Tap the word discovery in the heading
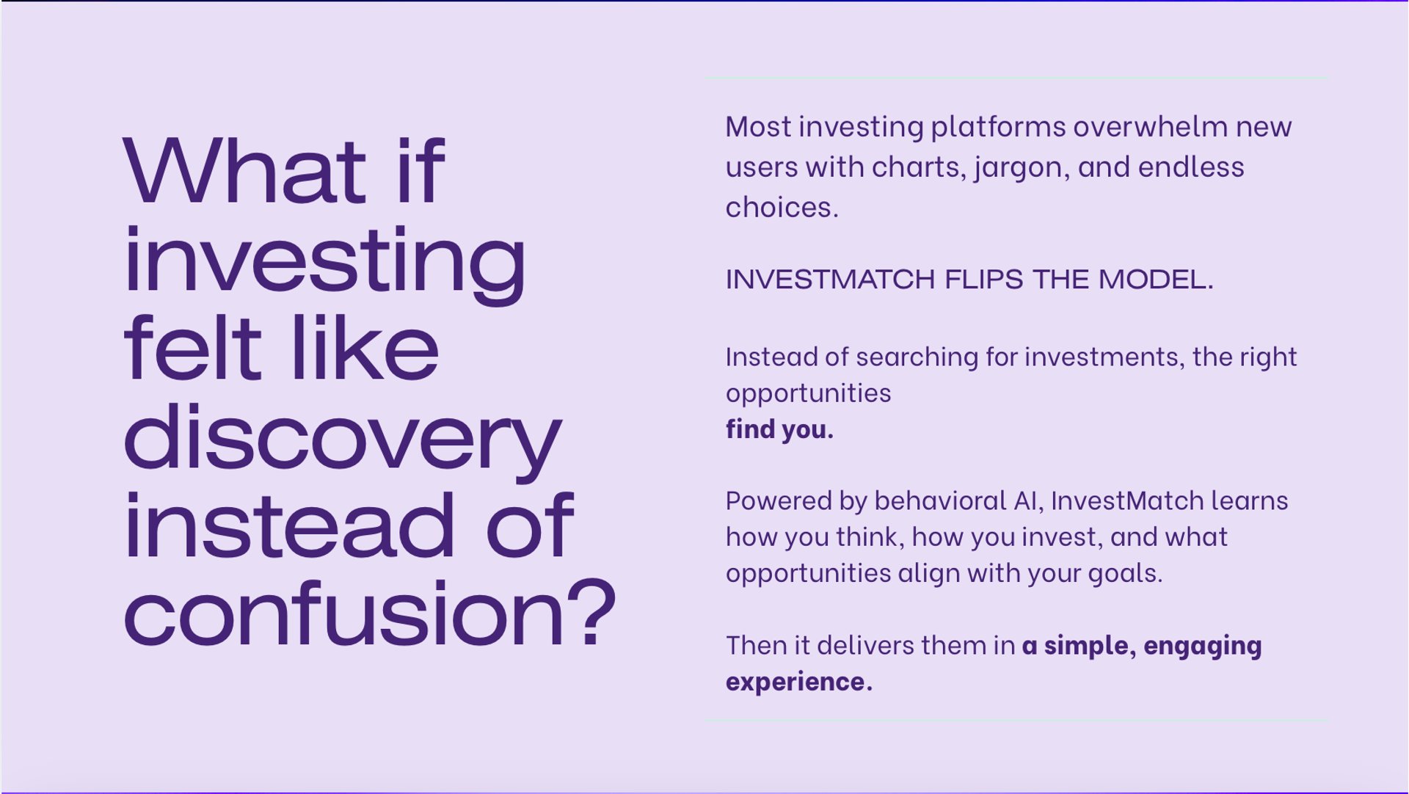(x=343, y=440)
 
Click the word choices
(x=782, y=207)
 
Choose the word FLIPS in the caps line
(x=984, y=280)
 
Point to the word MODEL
(x=1156, y=280)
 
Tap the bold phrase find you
(x=779, y=429)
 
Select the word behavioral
(x=940, y=500)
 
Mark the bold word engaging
(x=1202, y=647)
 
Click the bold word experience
(x=799, y=682)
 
